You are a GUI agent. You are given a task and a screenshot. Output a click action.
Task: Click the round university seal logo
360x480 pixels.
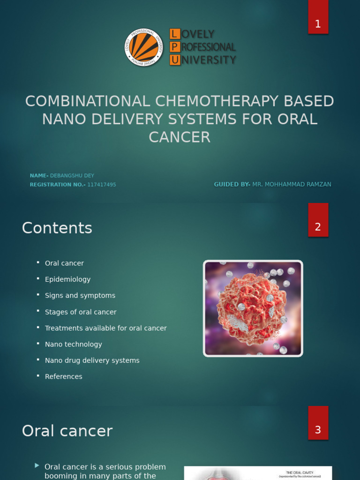(x=144, y=47)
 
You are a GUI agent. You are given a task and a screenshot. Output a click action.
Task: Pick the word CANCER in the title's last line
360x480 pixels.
(x=180, y=137)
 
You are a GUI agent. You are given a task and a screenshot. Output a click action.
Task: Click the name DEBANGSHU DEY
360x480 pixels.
(x=72, y=176)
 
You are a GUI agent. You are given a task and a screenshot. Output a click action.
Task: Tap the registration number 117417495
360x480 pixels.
(x=101, y=185)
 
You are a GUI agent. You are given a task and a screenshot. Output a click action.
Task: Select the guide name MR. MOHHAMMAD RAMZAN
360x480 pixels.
(x=292, y=185)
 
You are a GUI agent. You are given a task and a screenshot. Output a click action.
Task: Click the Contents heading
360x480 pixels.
(x=57, y=228)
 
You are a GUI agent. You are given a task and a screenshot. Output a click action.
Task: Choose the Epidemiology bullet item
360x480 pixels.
(x=67, y=279)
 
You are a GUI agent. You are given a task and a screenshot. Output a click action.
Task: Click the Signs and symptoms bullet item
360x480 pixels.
(x=80, y=296)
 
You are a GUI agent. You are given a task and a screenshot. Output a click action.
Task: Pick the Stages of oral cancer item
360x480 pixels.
(x=81, y=312)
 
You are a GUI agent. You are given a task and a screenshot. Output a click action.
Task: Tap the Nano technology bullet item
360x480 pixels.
(x=73, y=345)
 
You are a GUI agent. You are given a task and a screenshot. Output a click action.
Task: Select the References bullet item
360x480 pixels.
(x=63, y=377)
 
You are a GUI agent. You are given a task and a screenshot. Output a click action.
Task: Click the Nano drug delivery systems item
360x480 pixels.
(x=92, y=360)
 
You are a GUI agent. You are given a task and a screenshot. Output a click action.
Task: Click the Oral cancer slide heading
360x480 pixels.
(x=67, y=431)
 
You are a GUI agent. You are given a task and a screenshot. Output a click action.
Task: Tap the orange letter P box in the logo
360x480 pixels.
(x=174, y=47)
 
